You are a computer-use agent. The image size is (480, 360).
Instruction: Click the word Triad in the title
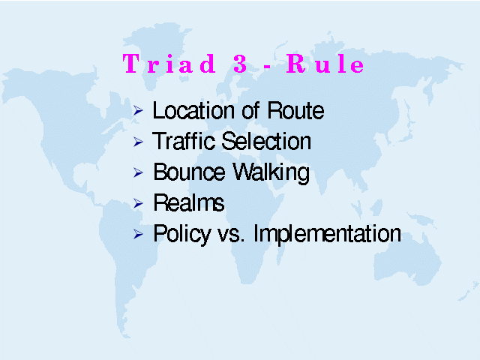(x=169, y=63)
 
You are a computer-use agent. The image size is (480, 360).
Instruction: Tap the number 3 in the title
(x=240, y=64)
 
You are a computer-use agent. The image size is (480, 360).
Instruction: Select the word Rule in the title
(x=325, y=63)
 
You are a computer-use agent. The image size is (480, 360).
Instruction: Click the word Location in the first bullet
(x=194, y=110)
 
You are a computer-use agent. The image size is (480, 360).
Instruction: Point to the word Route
(x=295, y=110)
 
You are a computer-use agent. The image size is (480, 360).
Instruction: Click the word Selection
(x=266, y=141)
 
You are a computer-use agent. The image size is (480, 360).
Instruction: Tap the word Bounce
(x=189, y=172)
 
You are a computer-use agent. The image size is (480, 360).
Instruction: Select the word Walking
(x=271, y=173)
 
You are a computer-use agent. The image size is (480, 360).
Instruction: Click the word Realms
(x=189, y=202)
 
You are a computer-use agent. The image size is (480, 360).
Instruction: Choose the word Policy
(x=182, y=235)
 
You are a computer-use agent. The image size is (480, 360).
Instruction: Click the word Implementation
(x=327, y=235)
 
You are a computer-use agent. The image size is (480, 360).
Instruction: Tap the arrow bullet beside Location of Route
(x=138, y=110)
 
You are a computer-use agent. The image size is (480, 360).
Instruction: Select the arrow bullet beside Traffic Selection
(x=138, y=142)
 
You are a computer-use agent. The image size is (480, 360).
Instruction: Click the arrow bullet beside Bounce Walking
(x=138, y=172)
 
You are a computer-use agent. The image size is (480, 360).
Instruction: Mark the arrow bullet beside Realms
(x=138, y=203)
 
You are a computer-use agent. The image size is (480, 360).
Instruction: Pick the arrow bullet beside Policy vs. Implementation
(x=138, y=234)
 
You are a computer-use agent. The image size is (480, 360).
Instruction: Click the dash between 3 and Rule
(x=267, y=67)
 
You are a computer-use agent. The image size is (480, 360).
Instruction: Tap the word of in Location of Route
(x=250, y=110)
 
